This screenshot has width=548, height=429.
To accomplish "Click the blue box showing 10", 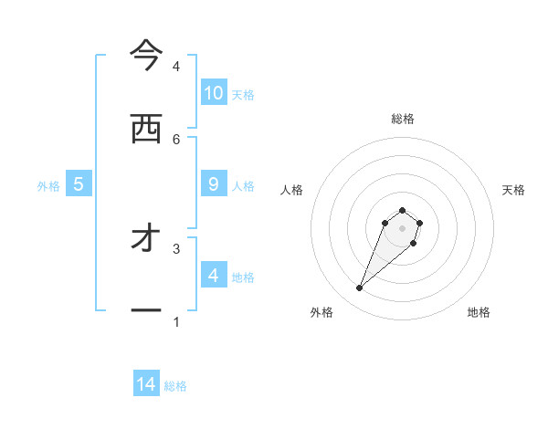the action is pos(214,92).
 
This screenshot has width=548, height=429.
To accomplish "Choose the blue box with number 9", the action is pos(214,183).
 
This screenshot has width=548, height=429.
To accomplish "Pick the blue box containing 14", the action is pos(146,384).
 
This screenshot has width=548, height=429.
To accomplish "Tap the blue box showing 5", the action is pos(79,184).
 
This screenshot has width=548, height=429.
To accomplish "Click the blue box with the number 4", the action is pos(214,275).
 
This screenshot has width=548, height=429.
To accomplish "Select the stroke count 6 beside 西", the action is pos(176,139).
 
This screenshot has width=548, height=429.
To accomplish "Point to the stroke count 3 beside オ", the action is pos(176,248).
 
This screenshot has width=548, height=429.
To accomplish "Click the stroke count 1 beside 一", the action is pos(176,321).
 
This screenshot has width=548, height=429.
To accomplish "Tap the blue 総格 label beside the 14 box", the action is pos(175,386).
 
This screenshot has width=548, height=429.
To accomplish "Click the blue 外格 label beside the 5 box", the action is pos(48,186).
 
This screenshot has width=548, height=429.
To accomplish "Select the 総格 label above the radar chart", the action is pos(402,119).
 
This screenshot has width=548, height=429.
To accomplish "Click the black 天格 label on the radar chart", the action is pos(513,190).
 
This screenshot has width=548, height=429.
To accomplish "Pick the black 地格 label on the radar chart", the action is pos(479,312).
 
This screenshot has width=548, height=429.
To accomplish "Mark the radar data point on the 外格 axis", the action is pos(360,288).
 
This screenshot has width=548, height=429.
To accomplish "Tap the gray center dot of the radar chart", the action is pos(402,228).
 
